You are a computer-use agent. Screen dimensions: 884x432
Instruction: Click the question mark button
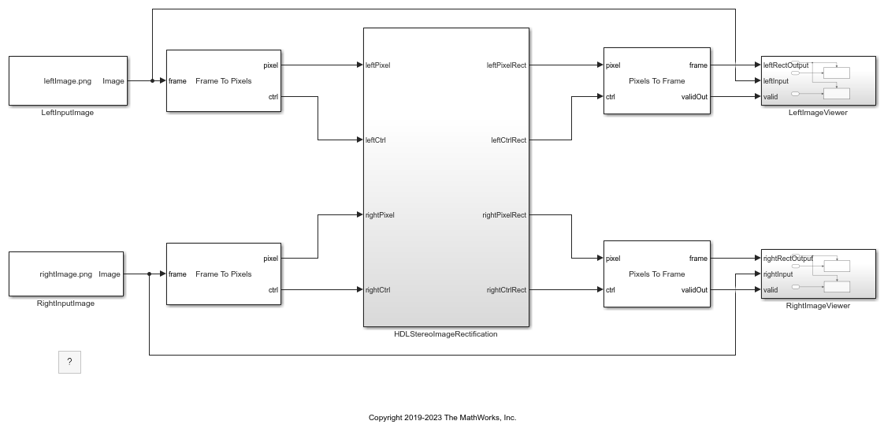69,362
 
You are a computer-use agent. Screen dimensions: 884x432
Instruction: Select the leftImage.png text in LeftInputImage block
68,81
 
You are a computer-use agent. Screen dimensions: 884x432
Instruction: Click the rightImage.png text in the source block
66,274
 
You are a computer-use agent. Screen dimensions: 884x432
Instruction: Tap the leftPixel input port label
377,65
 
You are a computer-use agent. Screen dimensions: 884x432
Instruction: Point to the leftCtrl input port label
376,140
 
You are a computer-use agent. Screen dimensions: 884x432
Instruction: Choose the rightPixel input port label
380,215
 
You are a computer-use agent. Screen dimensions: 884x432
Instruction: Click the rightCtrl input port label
377,290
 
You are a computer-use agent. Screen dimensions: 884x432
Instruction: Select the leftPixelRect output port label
507,65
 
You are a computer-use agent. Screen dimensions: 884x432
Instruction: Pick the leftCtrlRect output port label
508,140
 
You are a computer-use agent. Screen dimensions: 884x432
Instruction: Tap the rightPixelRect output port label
504,215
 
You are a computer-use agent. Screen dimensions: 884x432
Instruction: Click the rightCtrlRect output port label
507,290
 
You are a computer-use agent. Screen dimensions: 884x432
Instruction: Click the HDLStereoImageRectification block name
446,334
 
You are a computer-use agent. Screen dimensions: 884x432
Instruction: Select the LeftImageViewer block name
818,113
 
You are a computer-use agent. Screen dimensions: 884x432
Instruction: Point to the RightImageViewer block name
818,306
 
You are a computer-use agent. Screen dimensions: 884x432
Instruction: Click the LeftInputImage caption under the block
68,113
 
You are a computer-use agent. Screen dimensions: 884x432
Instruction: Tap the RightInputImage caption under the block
66,304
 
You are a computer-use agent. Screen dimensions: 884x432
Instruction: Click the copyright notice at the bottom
443,418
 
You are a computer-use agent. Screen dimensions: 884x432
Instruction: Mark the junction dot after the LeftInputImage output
152,80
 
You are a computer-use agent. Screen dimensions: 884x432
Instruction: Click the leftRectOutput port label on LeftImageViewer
786,65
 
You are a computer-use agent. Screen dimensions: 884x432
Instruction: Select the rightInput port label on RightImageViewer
778,274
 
